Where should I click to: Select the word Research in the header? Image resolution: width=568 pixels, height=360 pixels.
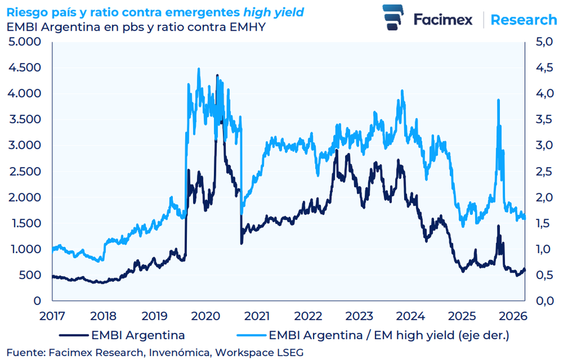click(x=524, y=20)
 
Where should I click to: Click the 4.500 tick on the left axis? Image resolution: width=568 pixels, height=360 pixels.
click(x=24, y=68)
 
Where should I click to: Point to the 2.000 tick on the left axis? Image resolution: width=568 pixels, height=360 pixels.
click(x=24, y=197)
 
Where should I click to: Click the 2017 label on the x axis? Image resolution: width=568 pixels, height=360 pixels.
click(x=52, y=316)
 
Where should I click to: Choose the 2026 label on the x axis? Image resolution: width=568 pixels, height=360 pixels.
click(x=513, y=316)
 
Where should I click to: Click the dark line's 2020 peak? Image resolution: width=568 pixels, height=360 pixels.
click(x=217, y=75)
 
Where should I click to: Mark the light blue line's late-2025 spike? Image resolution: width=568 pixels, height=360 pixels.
click(x=498, y=100)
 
